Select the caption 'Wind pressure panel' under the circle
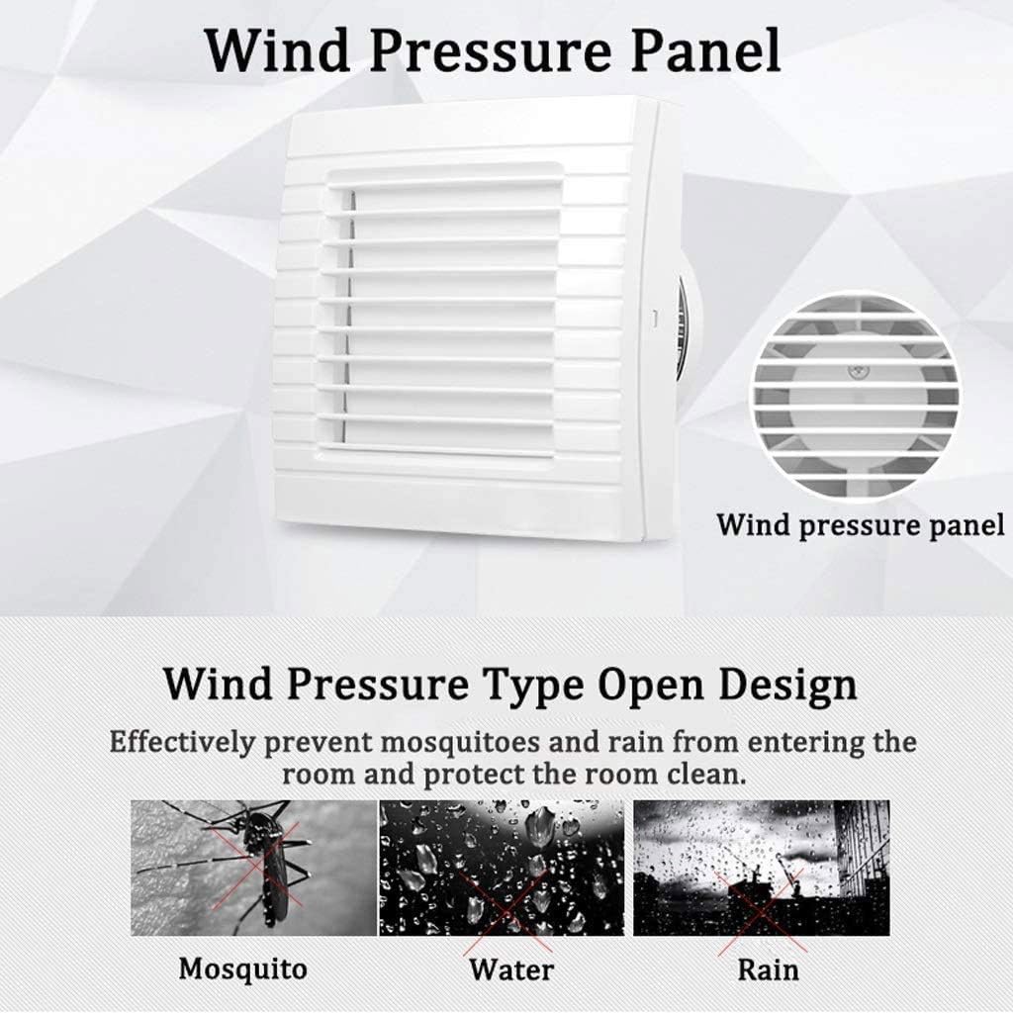[860, 524]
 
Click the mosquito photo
[253, 867]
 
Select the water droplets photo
[502, 867]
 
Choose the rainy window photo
[761, 867]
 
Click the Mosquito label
[243, 967]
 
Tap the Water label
[510, 968]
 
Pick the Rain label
[768, 967]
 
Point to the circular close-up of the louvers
[856, 394]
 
